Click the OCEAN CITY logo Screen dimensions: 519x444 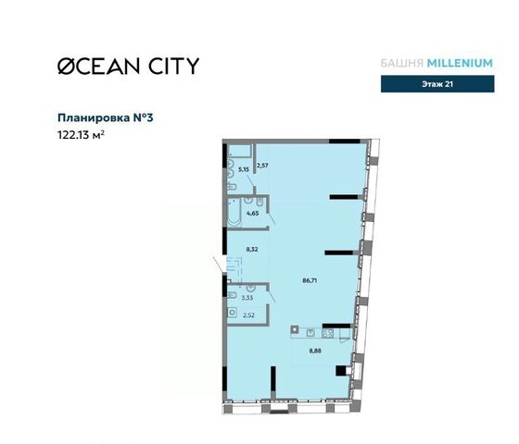pyautogui.click(x=129, y=66)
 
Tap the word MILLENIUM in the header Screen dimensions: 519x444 pyautogui.click(x=460, y=63)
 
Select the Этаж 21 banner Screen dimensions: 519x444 pyautogui.click(x=437, y=84)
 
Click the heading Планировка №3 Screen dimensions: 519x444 pyautogui.click(x=106, y=118)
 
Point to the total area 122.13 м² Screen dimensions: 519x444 pyautogui.click(x=82, y=135)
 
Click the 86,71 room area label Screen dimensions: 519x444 pyautogui.click(x=310, y=281)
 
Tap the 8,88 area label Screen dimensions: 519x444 pyautogui.click(x=315, y=351)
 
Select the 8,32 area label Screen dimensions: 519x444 pyautogui.click(x=252, y=250)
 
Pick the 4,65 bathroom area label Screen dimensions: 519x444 pyautogui.click(x=252, y=214)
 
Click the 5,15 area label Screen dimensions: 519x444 pyautogui.click(x=244, y=169)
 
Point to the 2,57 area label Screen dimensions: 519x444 pyautogui.click(x=263, y=166)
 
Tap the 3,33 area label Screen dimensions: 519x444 pyautogui.click(x=247, y=298)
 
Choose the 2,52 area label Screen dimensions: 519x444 pyautogui.click(x=248, y=315)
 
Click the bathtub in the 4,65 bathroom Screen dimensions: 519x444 pyautogui.click(x=234, y=212)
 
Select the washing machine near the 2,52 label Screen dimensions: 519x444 pyautogui.click(x=233, y=313)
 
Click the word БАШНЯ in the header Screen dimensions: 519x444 pyautogui.click(x=402, y=63)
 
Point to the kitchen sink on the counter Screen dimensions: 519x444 pyautogui.click(x=310, y=333)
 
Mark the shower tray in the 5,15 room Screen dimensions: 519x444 pyautogui.click(x=240, y=151)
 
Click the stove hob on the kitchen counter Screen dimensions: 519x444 pyautogui.click(x=328, y=333)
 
